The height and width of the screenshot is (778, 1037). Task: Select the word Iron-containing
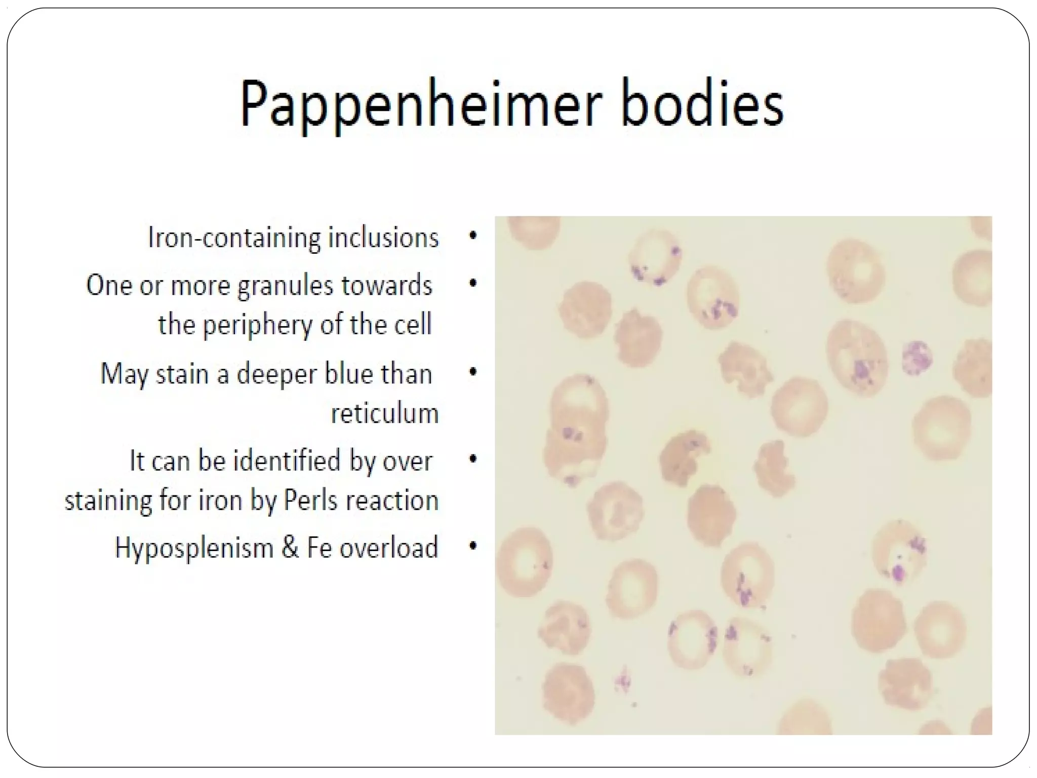click(x=234, y=238)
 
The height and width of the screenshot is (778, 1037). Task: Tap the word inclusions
click(x=383, y=238)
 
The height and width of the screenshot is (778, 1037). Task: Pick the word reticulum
click(x=384, y=413)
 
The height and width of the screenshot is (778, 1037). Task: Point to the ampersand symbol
click(x=290, y=548)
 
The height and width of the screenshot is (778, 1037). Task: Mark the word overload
click(x=388, y=548)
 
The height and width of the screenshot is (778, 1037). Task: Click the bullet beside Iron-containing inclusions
click(x=473, y=236)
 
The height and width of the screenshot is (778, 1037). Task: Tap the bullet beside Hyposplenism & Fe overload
click(x=473, y=546)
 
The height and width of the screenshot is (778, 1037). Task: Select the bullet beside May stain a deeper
click(x=473, y=372)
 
